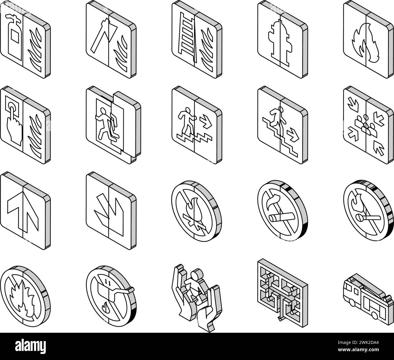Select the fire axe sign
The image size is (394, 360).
[x=111, y=39]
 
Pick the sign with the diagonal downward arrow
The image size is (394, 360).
[x=111, y=211]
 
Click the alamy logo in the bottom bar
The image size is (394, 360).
[x=30, y=346]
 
